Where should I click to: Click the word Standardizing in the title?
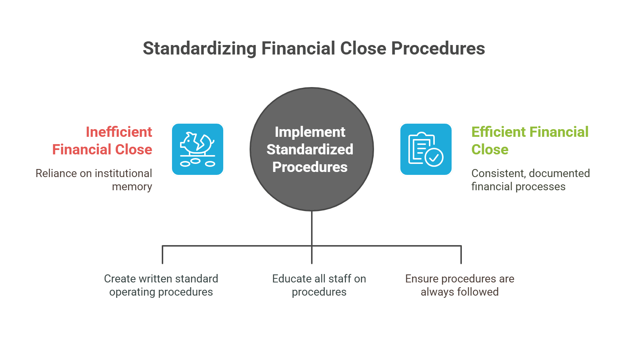199,49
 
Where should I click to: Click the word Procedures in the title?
438,49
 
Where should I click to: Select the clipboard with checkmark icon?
426,149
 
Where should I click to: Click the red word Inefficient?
119,132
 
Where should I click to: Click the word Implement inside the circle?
310,132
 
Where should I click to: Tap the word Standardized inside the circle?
310,149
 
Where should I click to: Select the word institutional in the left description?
123,173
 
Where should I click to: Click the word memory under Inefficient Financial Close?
132,187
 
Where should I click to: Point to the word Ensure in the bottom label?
422,279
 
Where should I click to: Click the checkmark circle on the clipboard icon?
434,158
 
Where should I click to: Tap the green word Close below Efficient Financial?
490,149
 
